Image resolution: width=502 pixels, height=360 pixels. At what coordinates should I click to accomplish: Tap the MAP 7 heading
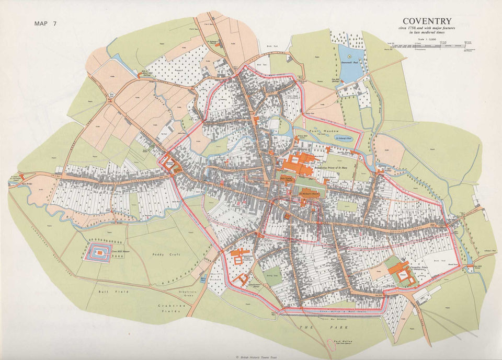tap(45, 24)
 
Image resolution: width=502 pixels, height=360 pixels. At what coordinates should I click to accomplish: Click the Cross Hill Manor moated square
tap(97, 252)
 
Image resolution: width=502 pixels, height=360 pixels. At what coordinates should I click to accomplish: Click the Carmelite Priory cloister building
tap(402, 273)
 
